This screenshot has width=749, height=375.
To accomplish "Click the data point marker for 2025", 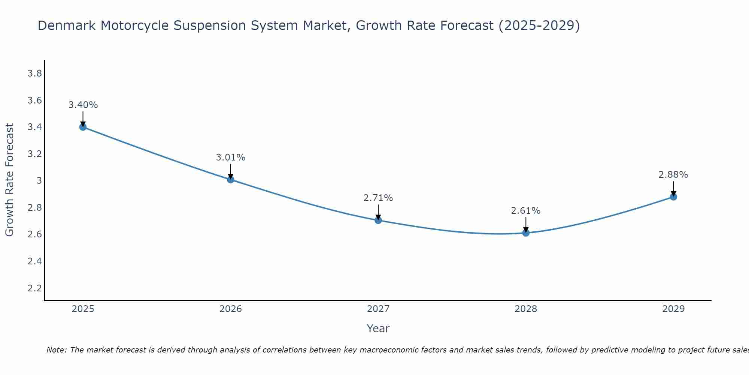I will (83, 127).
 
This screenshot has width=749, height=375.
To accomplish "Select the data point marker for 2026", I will (230, 180).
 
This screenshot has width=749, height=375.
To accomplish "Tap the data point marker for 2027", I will (378, 220).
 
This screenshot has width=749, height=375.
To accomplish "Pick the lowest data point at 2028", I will (526, 233).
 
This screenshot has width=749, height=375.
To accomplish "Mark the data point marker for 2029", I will (673, 197).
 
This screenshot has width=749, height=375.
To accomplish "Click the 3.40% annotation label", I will (83, 105).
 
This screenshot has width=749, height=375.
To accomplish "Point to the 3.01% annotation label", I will (230, 157).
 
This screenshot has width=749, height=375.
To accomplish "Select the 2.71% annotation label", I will (378, 198).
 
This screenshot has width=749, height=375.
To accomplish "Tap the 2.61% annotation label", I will (526, 211).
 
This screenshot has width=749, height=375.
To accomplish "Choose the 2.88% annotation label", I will (673, 175).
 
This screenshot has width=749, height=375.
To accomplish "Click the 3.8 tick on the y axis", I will (34, 73).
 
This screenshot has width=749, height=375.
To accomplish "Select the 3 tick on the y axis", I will (39, 181).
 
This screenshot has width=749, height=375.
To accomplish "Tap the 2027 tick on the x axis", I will (378, 309).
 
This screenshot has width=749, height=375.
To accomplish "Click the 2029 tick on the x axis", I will (673, 309).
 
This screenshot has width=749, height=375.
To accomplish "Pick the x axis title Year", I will (378, 328).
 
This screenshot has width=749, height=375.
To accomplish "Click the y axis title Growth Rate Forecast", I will (9, 180).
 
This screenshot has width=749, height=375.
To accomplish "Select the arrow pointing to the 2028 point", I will (526, 225).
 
